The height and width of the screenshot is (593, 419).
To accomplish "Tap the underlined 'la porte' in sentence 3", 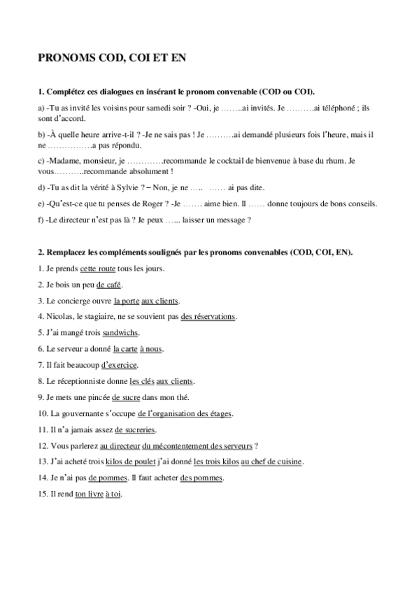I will tap(126, 301).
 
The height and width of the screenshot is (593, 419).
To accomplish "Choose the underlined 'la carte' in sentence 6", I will tap(122, 349).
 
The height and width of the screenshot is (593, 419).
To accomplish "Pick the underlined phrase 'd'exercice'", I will tap(120, 365).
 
